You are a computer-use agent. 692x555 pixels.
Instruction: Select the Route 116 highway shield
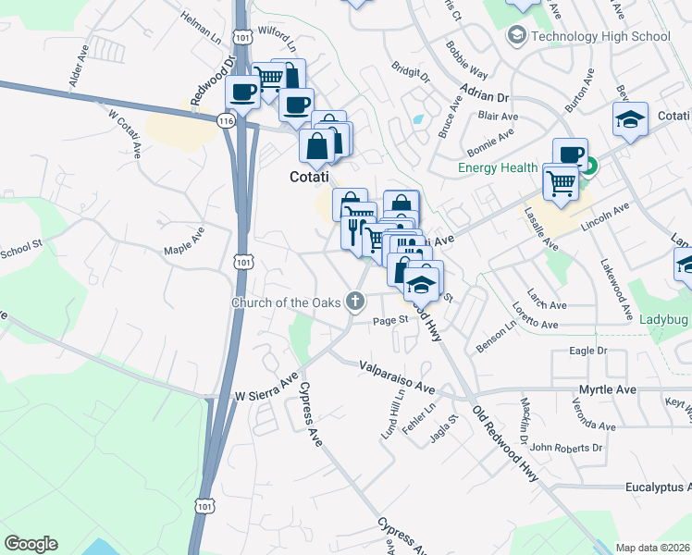tap(226, 120)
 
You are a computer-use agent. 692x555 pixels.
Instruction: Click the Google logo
tap(31, 544)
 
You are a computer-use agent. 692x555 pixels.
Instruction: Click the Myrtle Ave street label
tap(608, 389)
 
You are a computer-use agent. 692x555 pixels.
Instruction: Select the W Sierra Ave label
tap(266, 395)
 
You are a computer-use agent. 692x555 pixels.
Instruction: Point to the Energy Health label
tap(499, 167)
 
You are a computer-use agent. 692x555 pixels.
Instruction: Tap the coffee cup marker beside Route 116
tap(244, 92)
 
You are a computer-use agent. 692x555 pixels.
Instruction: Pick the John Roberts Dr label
tap(567, 448)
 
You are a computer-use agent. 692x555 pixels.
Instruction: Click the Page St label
tap(390, 320)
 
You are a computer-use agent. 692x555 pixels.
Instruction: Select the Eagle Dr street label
tap(587, 351)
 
